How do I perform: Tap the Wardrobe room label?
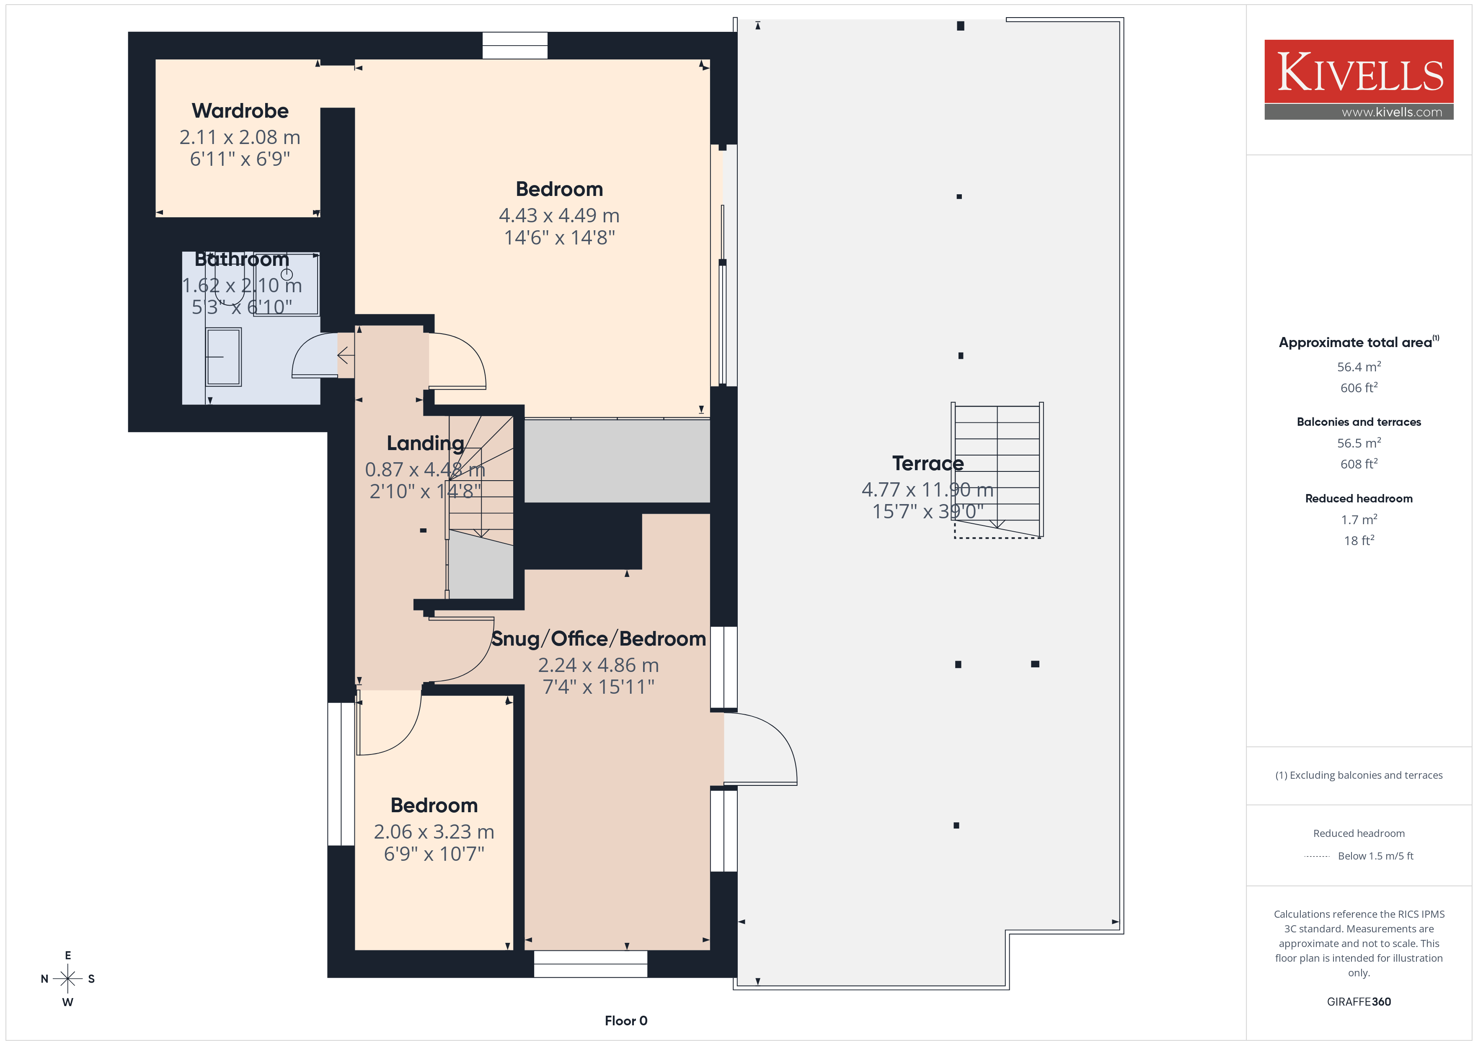point(240,111)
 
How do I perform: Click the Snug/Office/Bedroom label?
point(599,639)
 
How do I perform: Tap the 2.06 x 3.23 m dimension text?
point(434,832)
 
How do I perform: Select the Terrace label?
point(928,463)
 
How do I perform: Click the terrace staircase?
point(997,470)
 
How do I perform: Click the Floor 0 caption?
point(626,1021)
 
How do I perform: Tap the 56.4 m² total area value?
point(1359,367)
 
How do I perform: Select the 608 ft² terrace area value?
point(1359,464)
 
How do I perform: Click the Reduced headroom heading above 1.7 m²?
point(1359,499)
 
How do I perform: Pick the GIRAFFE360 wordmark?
point(1359,1002)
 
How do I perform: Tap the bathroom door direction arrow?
point(346,355)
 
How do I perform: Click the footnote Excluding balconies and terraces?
point(1359,775)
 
